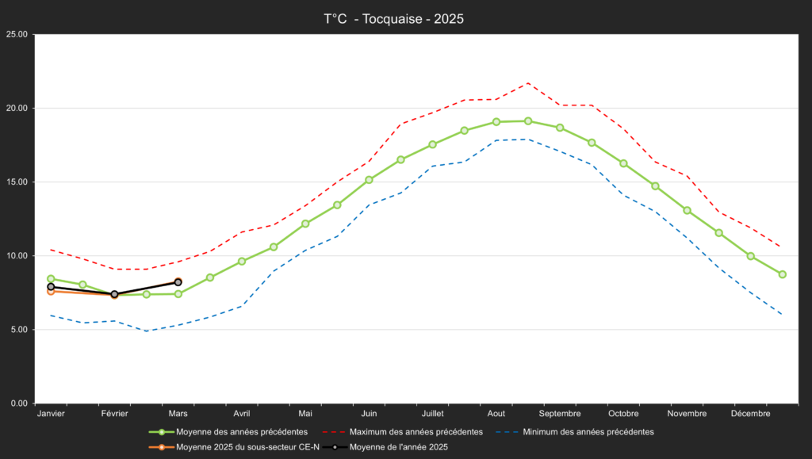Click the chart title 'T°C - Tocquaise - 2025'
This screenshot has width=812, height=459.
[393, 18]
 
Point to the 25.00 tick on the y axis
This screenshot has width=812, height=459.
[17, 34]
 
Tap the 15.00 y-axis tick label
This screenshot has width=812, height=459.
[17, 182]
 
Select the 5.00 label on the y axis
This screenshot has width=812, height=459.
[18, 329]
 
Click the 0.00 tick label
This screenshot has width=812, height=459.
[18, 403]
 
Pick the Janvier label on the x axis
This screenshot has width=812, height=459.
[51, 414]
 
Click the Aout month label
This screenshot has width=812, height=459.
[496, 414]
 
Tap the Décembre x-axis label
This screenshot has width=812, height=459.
[750, 414]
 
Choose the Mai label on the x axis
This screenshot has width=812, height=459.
[305, 414]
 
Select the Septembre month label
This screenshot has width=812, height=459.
[560, 414]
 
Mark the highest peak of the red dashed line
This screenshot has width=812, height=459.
[528, 83]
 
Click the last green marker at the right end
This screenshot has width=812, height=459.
[782, 274]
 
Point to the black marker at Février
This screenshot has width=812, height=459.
[114, 294]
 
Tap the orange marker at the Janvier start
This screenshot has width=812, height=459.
[51, 291]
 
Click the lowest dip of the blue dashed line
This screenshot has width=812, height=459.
[146, 331]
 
